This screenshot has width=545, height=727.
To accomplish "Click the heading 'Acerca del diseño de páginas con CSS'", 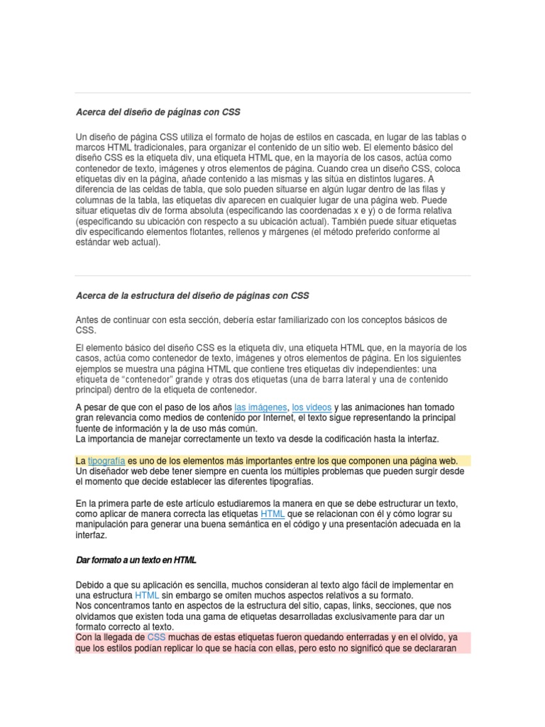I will pyautogui.click(x=153, y=112).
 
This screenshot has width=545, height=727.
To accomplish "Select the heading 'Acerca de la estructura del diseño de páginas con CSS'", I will pyautogui.click(x=192, y=295).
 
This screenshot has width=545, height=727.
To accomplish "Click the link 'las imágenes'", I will pyautogui.click(x=260, y=407).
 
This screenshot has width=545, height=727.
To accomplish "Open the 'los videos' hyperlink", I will pyautogui.click(x=312, y=407).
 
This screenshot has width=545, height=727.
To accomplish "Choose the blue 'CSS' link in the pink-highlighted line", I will pyautogui.click(x=156, y=638).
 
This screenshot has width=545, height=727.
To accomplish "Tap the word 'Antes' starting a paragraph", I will pyautogui.click(x=88, y=319).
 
